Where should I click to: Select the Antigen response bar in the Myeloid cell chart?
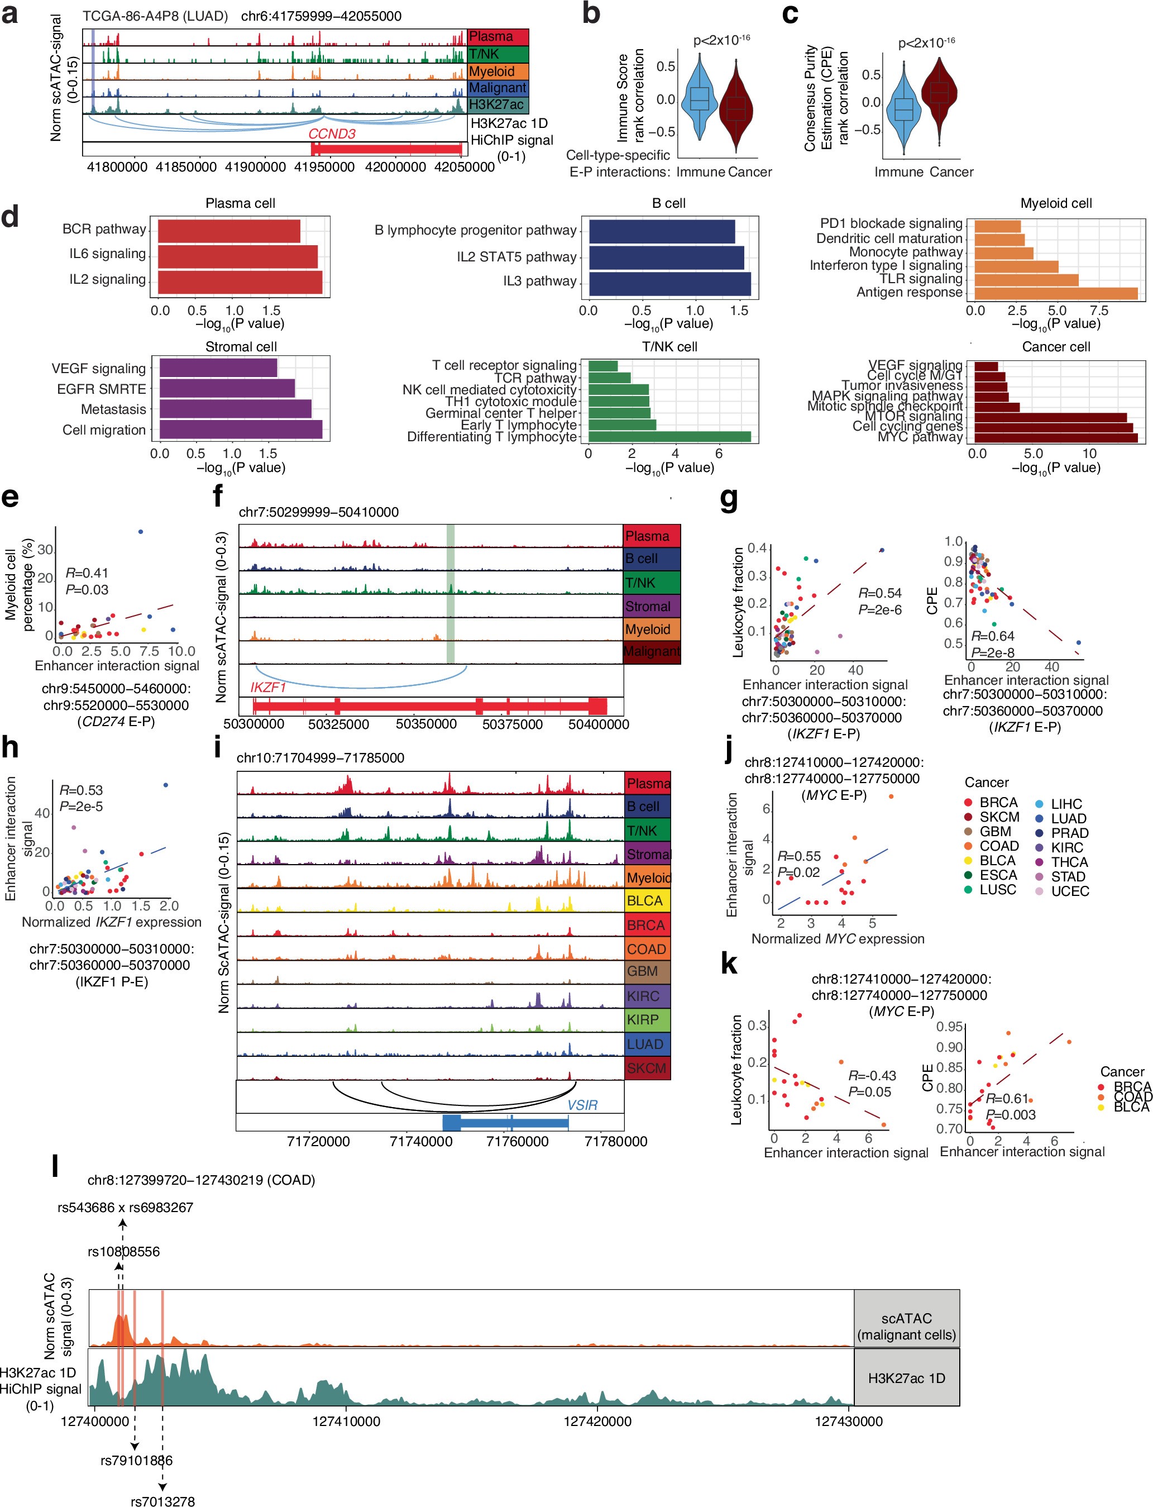[x=1055, y=293]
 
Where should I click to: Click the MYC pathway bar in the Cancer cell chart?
[x=1055, y=437]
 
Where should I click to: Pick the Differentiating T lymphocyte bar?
[x=669, y=437]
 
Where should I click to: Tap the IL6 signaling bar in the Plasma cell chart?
[x=237, y=256]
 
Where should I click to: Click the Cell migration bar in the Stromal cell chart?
[x=240, y=430]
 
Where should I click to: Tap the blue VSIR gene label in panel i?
[x=582, y=1105]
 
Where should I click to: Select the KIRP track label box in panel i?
[x=647, y=1019]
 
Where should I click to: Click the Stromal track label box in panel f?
[x=650, y=606]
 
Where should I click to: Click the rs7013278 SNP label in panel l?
[x=162, y=1501]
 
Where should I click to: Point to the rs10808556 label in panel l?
[x=123, y=1251]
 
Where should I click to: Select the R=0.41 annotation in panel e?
[x=87, y=573]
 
